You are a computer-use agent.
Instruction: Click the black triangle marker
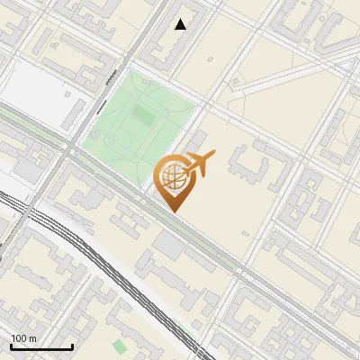[181, 24]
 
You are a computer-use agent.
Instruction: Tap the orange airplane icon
[200, 164]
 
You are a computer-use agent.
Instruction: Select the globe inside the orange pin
[171, 176]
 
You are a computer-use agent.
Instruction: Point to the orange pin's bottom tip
[173, 211]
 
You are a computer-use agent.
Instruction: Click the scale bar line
[41, 346]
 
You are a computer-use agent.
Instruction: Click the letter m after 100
[32, 338]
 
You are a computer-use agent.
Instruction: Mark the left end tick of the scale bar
[11, 345]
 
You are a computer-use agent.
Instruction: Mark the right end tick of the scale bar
[72, 345]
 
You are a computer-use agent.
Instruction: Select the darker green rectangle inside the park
[142, 116]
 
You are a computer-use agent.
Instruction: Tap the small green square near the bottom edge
[120, 346]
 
